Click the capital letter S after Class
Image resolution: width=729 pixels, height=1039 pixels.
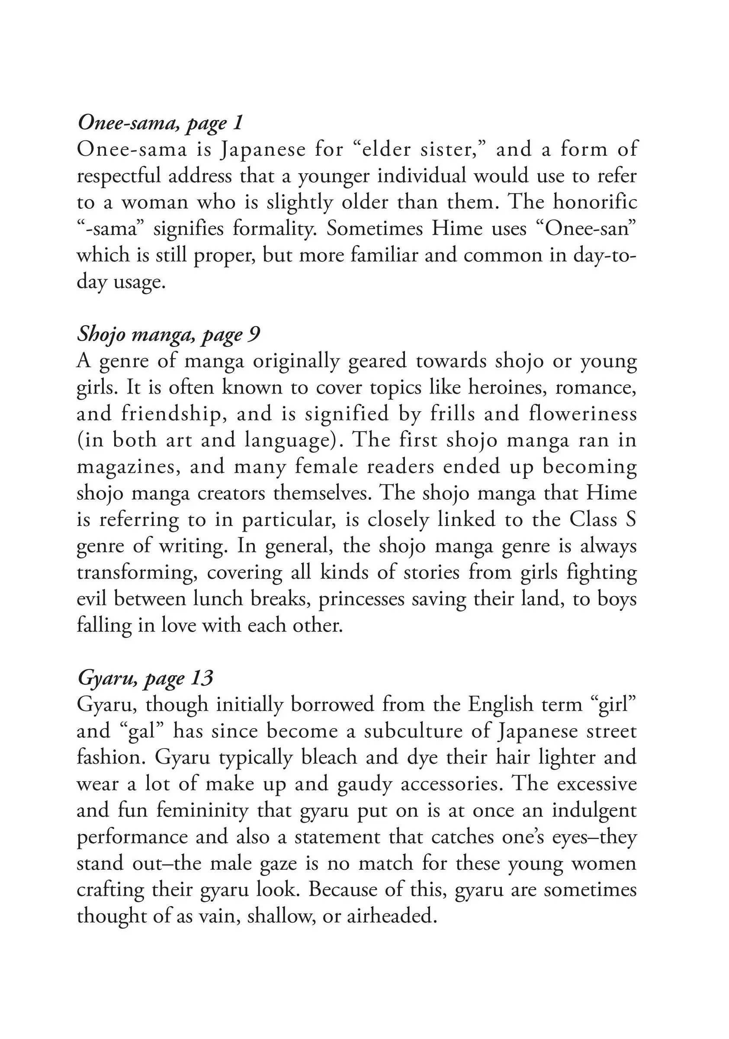point(631,520)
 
